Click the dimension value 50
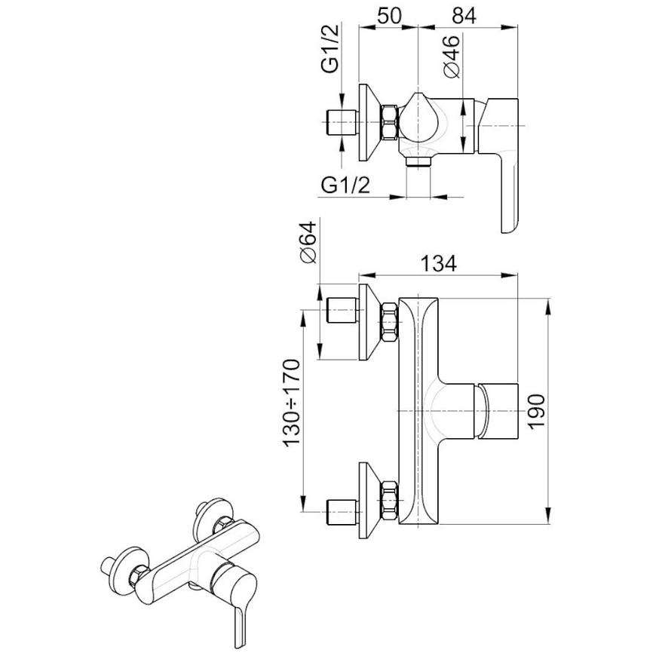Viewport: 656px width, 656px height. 389,17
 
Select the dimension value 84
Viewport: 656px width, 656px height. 464,17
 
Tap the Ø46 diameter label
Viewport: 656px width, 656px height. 452,57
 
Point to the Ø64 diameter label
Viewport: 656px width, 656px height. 308,242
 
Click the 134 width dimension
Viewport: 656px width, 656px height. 438,264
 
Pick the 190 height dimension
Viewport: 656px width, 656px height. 536,411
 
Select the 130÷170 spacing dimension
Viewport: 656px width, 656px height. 292,403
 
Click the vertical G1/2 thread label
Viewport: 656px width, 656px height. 330,48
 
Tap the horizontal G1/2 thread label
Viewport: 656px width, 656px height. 345,185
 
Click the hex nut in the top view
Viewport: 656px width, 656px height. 390,121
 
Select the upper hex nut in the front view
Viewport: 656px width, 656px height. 390,322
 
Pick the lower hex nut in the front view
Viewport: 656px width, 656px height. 390,501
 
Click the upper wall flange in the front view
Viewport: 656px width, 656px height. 369,322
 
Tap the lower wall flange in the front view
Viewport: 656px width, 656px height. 369,501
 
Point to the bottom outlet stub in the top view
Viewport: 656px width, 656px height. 418,161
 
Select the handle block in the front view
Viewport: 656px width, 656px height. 498,411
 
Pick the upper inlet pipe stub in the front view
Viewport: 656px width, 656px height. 342,310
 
